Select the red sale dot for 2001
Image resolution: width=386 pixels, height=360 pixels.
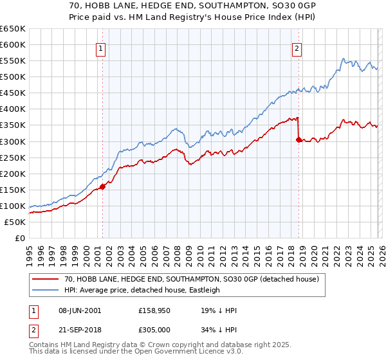tap(102, 187)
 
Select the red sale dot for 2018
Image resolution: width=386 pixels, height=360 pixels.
tap(299, 139)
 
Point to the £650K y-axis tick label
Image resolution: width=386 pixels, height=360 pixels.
tap(13, 29)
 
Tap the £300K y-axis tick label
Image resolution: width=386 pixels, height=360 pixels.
tap(13, 141)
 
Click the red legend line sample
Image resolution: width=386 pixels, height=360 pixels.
tap(46, 279)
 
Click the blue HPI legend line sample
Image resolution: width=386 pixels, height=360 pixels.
tap(46, 290)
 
